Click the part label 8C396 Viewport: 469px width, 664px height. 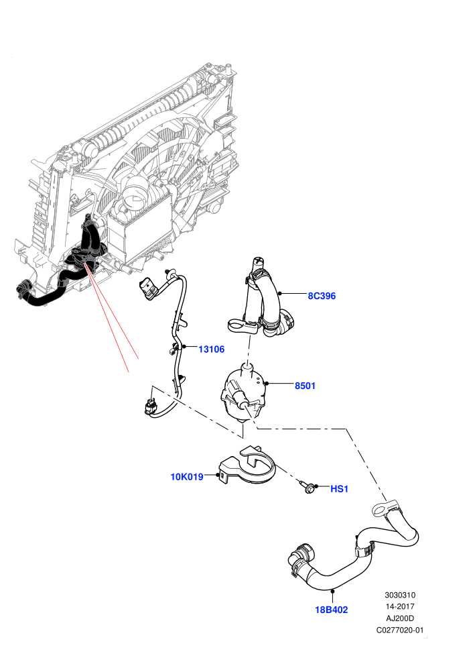pos(322,296)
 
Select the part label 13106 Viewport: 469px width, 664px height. pos(212,349)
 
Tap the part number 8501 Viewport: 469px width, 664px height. pos(305,386)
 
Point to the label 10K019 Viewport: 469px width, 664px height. pos(187,477)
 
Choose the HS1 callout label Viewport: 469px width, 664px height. pos(339,489)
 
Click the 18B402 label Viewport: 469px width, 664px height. pos(332,610)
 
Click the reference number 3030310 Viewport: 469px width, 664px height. pos(400,595)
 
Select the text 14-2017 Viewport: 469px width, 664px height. pos(400,606)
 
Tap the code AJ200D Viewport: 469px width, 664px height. pos(400,618)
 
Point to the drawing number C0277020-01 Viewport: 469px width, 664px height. pos(400,630)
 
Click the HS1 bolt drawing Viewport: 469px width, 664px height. pos(308,487)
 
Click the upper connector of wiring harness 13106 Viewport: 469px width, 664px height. pos(148,288)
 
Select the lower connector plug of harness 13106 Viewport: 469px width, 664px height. pos(151,405)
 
